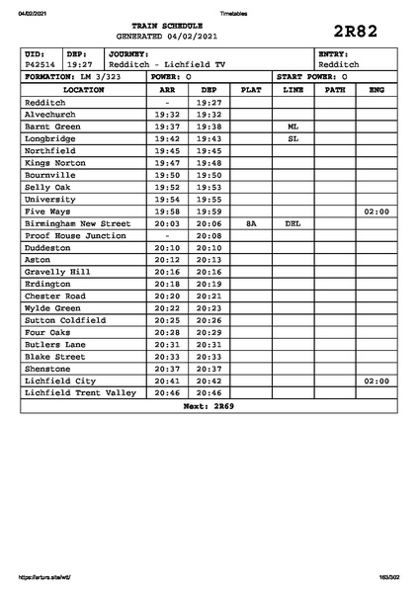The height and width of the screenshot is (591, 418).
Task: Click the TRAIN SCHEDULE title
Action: (x=173, y=25)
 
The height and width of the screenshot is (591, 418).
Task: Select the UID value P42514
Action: (x=41, y=64)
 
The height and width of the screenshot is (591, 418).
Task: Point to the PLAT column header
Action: (x=251, y=89)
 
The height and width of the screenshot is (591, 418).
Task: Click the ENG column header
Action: (x=376, y=89)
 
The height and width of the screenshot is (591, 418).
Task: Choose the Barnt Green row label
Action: (x=52, y=127)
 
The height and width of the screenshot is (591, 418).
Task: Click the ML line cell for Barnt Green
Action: (x=293, y=127)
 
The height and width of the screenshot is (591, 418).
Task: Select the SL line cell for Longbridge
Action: (x=293, y=139)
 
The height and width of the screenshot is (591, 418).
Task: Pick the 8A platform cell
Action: (x=251, y=223)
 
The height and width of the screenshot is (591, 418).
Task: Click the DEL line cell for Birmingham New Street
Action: (x=293, y=223)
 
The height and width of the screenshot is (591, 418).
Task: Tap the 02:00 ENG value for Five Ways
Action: (x=376, y=211)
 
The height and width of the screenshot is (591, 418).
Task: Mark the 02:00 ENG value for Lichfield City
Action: (x=376, y=380)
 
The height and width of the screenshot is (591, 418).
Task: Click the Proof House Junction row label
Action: (x=75, y=236)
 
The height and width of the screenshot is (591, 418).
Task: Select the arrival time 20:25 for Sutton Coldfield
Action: (x=167, y=320)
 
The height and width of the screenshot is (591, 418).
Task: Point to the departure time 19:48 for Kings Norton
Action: (x=209, y=163)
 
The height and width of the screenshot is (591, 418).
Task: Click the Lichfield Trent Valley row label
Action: (x=80, y=392)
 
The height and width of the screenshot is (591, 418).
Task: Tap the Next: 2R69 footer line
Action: (x=209, y=405)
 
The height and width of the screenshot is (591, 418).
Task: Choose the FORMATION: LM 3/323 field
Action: (x=72, y=76)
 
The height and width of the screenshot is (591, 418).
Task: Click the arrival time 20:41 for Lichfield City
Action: (x=167, y=380)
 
